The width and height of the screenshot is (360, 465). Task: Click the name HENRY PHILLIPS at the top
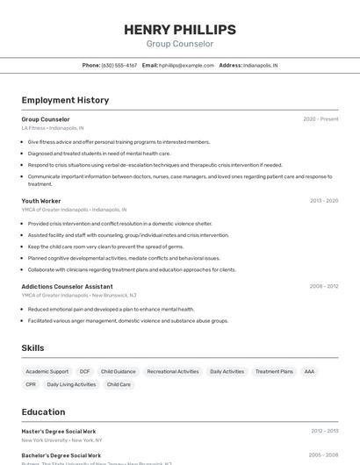179,29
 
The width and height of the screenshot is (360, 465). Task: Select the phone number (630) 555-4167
119,65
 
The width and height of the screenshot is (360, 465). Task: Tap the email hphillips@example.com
187,65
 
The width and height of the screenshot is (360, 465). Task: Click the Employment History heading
65,100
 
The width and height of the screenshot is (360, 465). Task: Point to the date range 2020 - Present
320,119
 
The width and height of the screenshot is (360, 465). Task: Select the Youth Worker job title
41,201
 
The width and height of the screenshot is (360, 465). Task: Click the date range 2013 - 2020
323,201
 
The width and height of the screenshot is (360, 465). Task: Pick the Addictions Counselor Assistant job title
67,286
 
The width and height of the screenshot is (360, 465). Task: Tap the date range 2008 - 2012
323,286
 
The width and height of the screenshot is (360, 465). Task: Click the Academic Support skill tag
47,371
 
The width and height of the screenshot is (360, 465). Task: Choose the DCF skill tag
85,371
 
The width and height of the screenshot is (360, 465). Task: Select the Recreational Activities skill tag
173,371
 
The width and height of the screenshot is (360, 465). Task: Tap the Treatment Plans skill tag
274,371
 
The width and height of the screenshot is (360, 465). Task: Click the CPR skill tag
31,384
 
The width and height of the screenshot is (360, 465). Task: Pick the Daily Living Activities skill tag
71,384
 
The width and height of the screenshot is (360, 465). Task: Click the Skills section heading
32,348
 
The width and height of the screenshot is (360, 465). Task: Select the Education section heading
43,411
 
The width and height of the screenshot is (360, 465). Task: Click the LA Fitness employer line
53,128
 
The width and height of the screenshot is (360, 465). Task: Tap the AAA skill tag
309,371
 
